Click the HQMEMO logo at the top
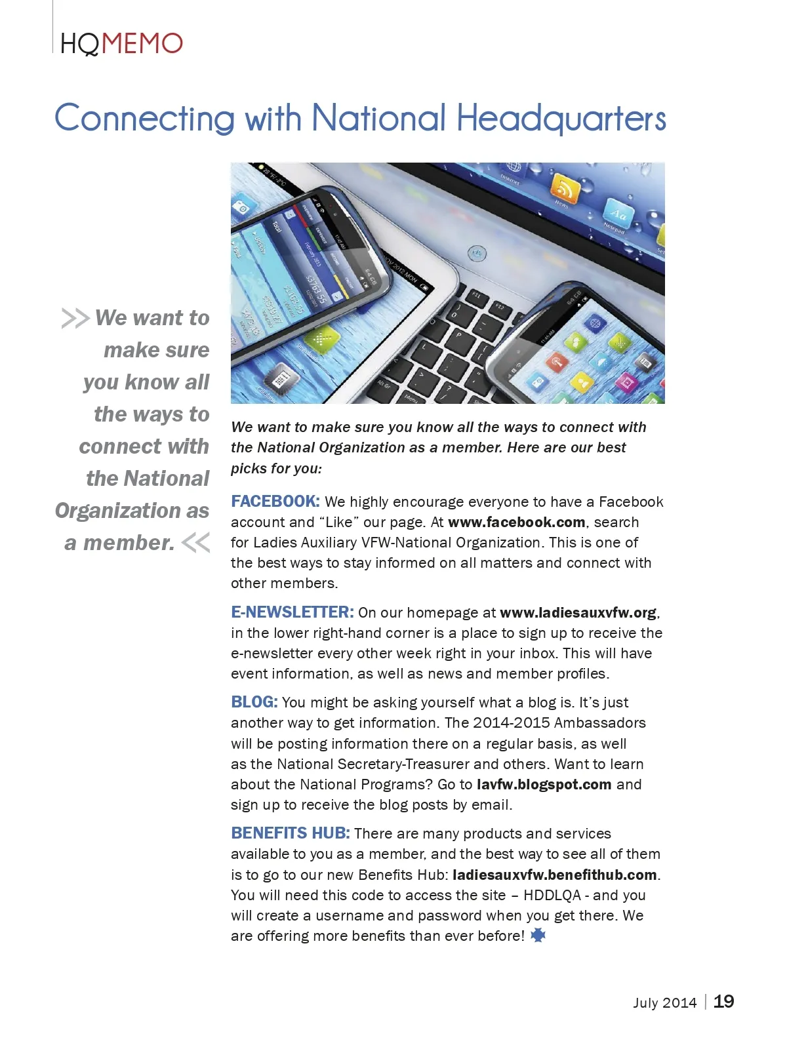pyautogui.click(x=121, y=44)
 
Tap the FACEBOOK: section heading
pyautogui.click(x=275, y=502)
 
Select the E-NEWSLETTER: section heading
pyautogui.click(x=293, y=612)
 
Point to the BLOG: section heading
pyautogui.click(x=254, y=702)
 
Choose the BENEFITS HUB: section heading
pyautogui.click(x=291, y=833)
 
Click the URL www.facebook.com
pyautogui.click(x=517, y=523)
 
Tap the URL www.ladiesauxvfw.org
pyautogui.click(x=578, y=612)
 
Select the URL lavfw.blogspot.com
pyautogui.click(x=544, y=785)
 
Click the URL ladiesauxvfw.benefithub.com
pyautogui.click(x=555, y=875)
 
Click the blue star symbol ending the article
pyautogui.click(x=538, y=936)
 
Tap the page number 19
pyautogui.click(x=723, y=1002)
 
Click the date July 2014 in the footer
pyautogui.click(x=664, y=1002)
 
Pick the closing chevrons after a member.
pyautogui.click(x=195, y=543)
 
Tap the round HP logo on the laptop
pyautogui.click(x=477, y=252)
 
